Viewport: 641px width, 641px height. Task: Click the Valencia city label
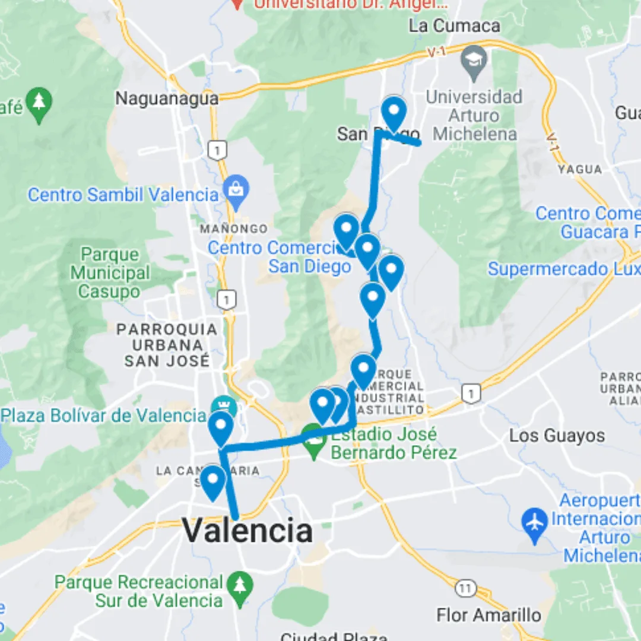click(x=247, y=530)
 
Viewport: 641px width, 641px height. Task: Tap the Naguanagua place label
click(x=167, y=98)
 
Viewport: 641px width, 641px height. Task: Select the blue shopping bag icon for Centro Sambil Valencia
click(x=236, y=191)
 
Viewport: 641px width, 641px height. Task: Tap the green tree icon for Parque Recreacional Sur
click(x=240, y=588)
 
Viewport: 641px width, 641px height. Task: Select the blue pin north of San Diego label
click(x=394, y=113)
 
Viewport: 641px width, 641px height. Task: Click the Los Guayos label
click(x=557, y=436)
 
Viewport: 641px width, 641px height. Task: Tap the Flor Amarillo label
click(x=488, y=615)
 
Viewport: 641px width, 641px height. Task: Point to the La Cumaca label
click(x=455, y=26)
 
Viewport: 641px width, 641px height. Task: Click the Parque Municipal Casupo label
click(x=110, y=273)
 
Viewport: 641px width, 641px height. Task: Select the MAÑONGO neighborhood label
click(x=233, y=229)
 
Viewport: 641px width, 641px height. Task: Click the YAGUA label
click(x=579, y=170)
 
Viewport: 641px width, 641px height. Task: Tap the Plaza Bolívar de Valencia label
click(x=104, y=415)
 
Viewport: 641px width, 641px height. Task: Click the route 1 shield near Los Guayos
click(x=471, y=392)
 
